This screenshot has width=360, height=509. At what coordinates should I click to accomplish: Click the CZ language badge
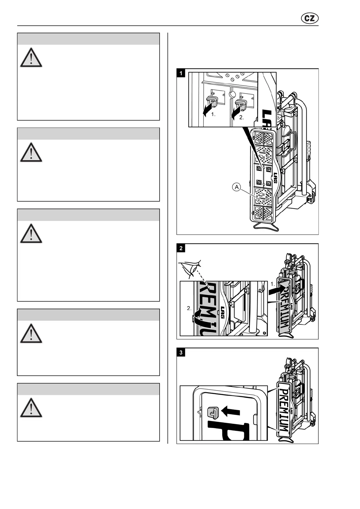point(310,18)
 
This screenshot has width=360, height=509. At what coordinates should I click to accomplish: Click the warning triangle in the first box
point(31,58)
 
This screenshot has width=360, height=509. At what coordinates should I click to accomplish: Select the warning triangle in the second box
point(31,152)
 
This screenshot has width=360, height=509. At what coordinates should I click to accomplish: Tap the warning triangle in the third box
point(31,234)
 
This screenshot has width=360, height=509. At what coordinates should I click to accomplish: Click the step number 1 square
point(181,73)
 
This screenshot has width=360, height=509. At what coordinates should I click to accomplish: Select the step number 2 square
point(181,248)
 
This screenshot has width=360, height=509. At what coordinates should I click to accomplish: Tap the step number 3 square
point(181,352)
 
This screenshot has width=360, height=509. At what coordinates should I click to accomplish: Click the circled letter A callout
point(237,187)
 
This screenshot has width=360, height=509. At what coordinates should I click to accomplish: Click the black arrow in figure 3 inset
point(231,411)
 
